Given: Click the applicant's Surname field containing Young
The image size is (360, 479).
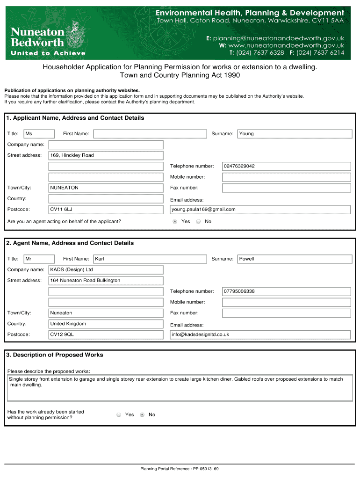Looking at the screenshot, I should (x=295, y=134).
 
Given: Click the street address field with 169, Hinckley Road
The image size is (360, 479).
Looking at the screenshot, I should (x=106, y=155).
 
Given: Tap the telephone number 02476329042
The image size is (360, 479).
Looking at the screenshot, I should (x=286, y=166).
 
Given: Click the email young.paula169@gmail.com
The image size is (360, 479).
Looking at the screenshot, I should (x=260, y=210).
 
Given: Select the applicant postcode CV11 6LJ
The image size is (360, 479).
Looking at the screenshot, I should (x=106, y=210).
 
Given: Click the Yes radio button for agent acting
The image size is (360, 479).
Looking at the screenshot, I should (x=175, y=221).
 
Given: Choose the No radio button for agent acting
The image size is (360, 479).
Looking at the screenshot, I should (x=198, y=221).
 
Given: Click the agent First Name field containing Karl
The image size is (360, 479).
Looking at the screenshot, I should (x=150, y=259).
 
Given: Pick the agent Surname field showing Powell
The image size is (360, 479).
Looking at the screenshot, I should (x=295, y=259).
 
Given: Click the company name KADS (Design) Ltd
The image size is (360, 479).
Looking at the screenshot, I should (x=106, y=270).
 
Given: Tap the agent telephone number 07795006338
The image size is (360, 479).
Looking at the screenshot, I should (x=286, y=291).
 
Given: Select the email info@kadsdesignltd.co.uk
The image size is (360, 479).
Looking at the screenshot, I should (x=260, y=334).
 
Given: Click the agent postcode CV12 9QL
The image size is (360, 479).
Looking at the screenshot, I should (x=106, y=334).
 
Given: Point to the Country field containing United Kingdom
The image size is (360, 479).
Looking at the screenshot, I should (x=106, y=324).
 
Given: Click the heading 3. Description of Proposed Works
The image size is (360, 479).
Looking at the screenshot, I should (x=55, y=355).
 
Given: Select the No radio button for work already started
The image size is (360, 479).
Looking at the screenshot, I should (x=142, y=414).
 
